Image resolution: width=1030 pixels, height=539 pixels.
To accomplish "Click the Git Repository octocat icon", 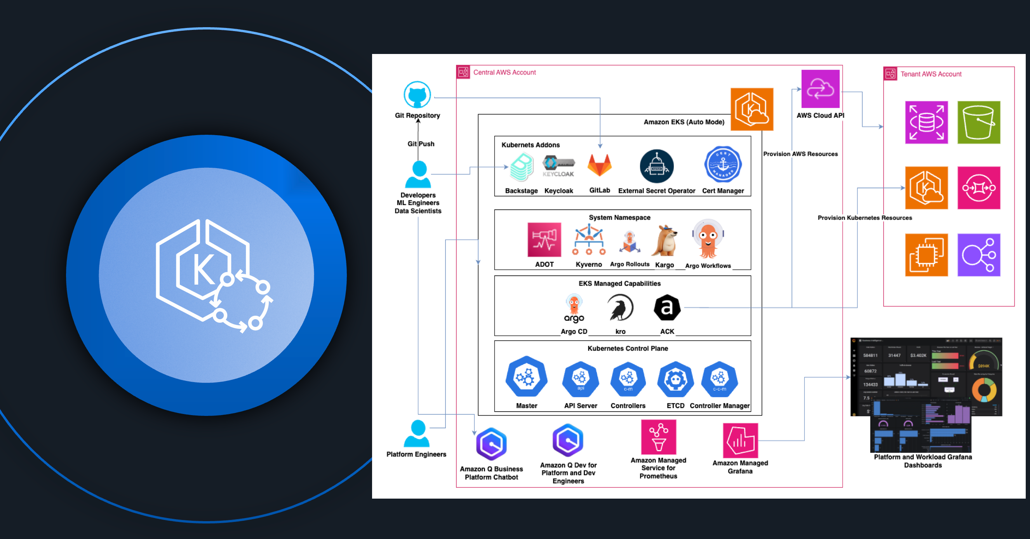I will (417, 95).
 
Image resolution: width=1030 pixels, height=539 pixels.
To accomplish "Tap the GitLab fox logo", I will (599, 165).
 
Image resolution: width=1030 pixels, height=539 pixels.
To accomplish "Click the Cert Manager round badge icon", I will (723, 165).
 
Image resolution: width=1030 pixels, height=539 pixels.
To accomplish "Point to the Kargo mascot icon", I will (665, 241).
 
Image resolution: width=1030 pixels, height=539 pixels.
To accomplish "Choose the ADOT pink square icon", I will (544, 240).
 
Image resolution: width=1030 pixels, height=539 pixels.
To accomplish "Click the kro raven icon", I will (620, 308).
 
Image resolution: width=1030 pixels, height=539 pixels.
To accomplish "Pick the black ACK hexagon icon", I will (667, 308).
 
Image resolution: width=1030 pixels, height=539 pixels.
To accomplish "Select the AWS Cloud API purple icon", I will (820, 89).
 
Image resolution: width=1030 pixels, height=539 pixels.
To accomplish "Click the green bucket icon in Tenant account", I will (978, 122).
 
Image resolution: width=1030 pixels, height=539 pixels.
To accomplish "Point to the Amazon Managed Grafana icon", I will (740, 440).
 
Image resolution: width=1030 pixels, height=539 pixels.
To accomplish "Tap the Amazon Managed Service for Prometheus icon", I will (659, 437).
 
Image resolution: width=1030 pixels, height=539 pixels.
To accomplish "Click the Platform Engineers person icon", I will (417, 433).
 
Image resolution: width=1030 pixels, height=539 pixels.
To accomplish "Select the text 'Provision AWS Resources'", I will (800, 154).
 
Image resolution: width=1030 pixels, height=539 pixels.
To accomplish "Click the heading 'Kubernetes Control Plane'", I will (627, 348).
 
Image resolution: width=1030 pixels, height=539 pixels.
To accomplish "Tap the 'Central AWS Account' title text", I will (504, 72).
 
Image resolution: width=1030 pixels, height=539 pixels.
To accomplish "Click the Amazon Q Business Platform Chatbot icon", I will (491, 444).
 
